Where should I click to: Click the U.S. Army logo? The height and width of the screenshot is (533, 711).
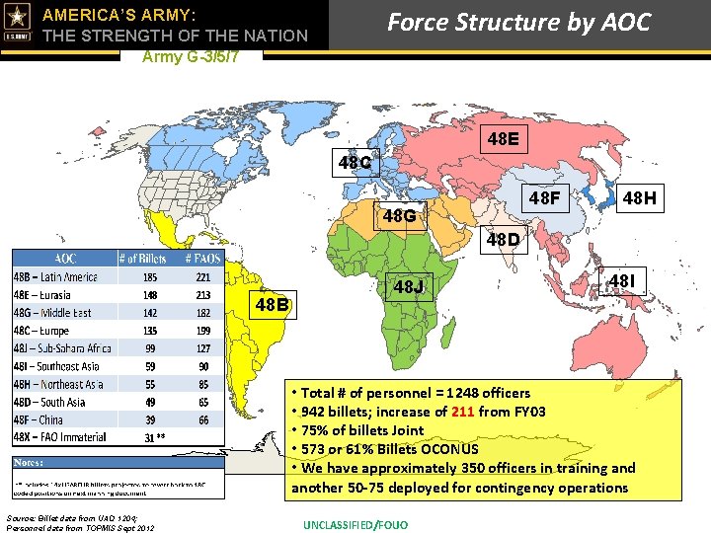tap(18, 26)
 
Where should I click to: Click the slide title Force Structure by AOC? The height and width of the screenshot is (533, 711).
tap(518, 22)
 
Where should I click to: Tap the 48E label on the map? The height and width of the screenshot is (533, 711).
tap(503, 139)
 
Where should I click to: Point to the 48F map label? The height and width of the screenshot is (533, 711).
tap(542, 200)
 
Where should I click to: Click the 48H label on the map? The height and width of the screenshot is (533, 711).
tap(639, 200)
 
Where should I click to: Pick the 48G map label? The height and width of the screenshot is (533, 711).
tap(401, 215)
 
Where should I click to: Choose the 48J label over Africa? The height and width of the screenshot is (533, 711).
tap(409, 287)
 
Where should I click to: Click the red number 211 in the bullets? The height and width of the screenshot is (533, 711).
tap(463, 412)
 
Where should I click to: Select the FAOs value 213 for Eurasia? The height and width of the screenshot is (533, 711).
tap(203, 295)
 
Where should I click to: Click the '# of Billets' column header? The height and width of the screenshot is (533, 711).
tap(142, 259)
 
